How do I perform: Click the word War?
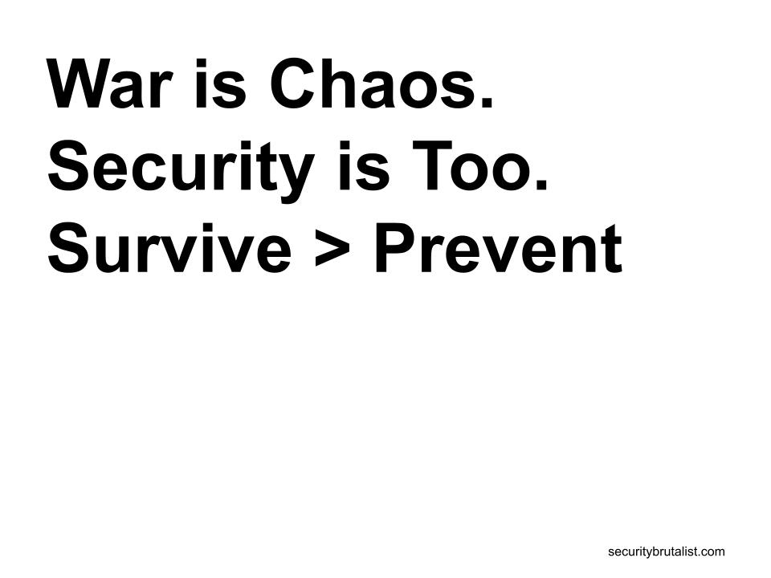tap(110, 83)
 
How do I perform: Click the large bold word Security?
tap(181, 170)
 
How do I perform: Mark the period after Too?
tap(541, 183)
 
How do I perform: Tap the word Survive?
tap(169, 247)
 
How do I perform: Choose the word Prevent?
tap(499, 247)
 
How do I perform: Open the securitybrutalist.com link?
tap(667, 552)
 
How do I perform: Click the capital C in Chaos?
tap(294, 83)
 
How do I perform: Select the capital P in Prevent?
tap(395, 248)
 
